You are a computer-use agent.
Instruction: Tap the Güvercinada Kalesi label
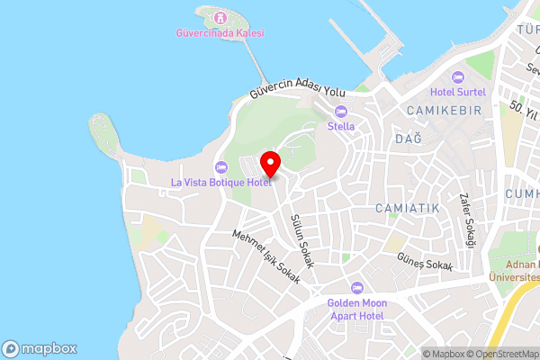click(x=220, y=33)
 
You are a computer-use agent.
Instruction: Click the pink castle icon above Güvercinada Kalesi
click(x=220, y=18)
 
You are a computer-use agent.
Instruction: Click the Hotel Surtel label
click(x=457, y=91)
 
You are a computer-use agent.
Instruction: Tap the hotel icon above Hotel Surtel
click(x=457, y=76)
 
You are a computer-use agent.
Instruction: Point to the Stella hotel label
click(x=340, y=126)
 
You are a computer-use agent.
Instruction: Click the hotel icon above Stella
click(x=340, y=112)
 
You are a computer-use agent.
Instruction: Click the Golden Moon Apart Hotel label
click(x=356, y=309)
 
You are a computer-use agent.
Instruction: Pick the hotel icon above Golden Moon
click(x=356, y=287)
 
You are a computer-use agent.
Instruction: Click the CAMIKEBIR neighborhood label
click(x=444, y=110)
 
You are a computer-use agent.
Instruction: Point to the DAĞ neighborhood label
click(x=408, y=139)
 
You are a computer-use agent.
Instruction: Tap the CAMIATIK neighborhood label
click(x=407, y=208)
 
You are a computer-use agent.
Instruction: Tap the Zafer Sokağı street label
click(x=466, y=220)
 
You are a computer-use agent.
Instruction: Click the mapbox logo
click(x=40, y=348)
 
